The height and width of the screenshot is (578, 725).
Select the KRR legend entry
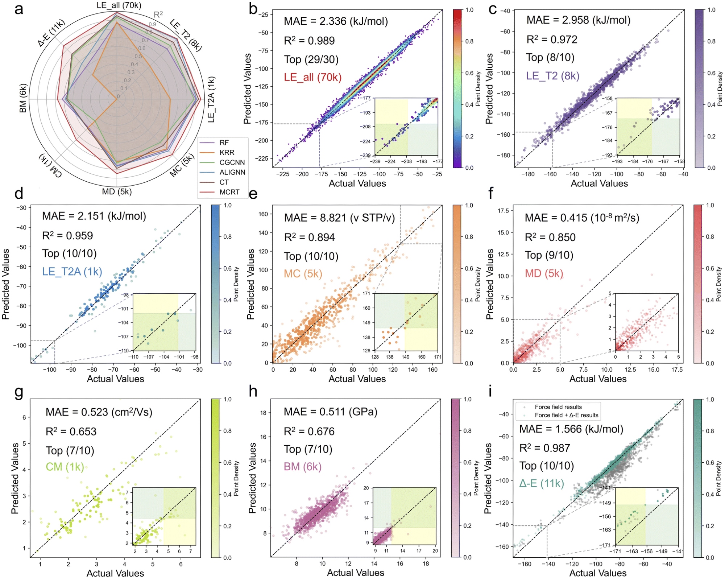[227, 153]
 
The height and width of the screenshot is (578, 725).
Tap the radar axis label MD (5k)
[117, 191]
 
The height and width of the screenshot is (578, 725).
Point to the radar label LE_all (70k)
[119, 5]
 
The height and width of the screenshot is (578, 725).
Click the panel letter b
[253, 9]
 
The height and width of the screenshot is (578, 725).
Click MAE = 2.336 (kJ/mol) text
[336, 21]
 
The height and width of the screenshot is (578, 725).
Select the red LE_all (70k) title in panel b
[312, 77]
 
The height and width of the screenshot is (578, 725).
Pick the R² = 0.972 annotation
[552, 39]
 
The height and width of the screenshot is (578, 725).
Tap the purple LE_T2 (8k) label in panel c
[553, 76]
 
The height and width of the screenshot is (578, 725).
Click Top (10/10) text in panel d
[69, 253]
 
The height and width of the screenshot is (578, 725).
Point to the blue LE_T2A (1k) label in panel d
[72, 272]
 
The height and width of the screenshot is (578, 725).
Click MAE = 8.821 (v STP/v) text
[339, 218]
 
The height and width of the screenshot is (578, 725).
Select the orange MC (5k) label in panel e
[303, 274]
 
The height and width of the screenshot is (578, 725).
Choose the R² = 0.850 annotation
[550, 238]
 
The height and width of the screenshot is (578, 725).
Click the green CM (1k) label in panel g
[65, 467]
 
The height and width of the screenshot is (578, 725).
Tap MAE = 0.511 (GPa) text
[331, 412]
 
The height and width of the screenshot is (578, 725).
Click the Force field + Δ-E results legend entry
[566, 415]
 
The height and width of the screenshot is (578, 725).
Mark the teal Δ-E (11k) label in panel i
[542, 484]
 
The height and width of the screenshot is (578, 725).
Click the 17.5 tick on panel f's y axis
[503, 211]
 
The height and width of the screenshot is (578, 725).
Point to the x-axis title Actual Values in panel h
[356, 573]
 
